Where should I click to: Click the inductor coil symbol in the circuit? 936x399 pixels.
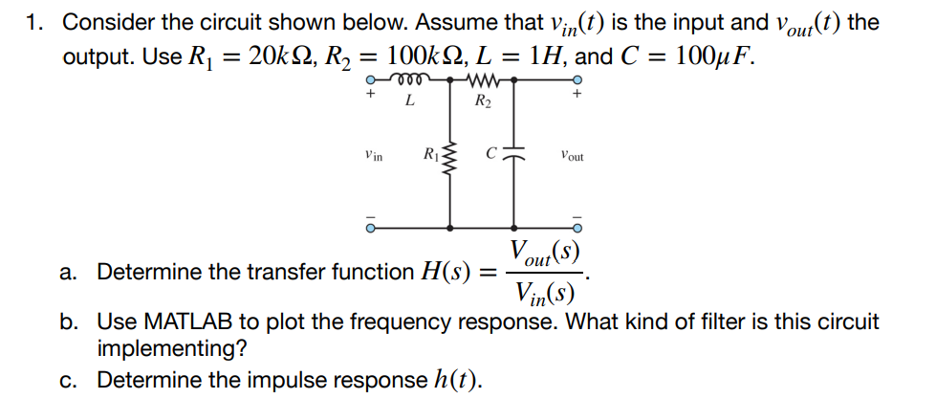coord(410,82)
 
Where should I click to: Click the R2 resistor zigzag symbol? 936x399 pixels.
coord(484,82)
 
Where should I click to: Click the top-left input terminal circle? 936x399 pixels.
coord(367,82)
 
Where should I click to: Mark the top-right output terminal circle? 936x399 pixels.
coord(577,82)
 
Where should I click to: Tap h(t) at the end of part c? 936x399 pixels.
coord(460,380)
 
